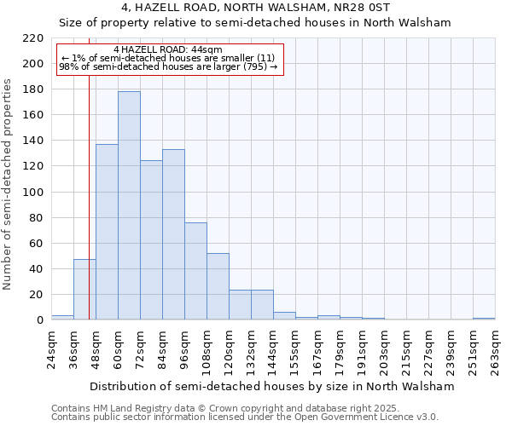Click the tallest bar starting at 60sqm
click(129, 205)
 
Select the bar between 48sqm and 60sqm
click(107, 232)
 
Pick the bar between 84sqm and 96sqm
click(173, 234)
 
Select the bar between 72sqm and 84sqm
click(151, 239)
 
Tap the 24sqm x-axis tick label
click(51, 348)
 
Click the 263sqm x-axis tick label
click(495, 348)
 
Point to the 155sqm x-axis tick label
click(295, 348)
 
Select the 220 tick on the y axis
click(34, 38)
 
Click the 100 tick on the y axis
click(34, 192)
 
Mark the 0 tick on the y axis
click(40, 320)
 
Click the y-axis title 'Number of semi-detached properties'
click(9, 184)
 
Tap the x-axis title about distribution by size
click(272, 386)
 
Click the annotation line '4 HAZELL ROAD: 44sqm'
click(167, 50)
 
